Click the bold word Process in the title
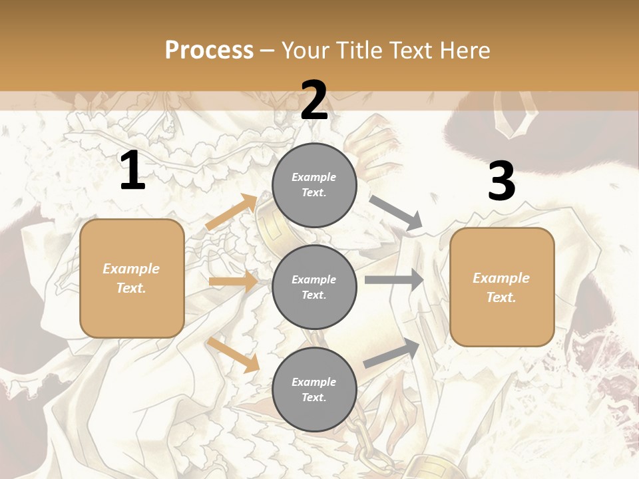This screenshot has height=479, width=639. coord(209,50)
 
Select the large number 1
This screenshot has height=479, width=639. coord(132,171)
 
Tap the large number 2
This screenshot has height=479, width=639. coord(314,100)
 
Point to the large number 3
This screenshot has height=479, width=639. coord(501,182)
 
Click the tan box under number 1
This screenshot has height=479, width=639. coord(132,278)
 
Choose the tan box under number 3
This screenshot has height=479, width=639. coord(502,287)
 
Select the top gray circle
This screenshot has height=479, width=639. coord(314,185)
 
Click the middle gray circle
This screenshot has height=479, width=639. coord(314,287)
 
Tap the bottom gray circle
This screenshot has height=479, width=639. coord(314,389)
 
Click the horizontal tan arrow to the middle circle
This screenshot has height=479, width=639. coord(233,281)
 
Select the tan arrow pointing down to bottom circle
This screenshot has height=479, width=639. coord(234,355)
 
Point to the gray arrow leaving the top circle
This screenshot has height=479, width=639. coord(397,214)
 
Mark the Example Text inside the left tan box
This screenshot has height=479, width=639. coord(131,278)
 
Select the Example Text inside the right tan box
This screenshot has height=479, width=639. coord(501,287)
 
